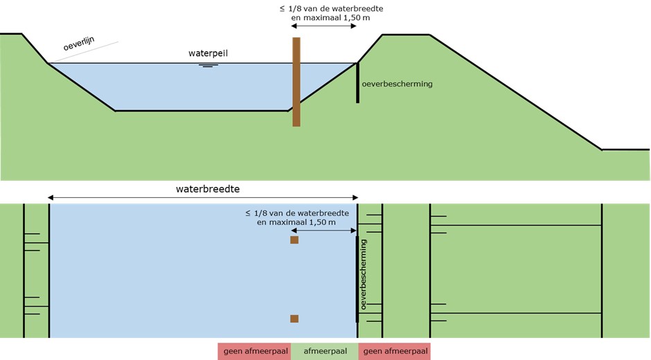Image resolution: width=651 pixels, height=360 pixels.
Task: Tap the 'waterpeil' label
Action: tap(208, 53)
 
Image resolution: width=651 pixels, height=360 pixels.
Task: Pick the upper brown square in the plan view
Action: tap(294, 240)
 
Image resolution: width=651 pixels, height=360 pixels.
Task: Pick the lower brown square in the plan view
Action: tap(294, 318)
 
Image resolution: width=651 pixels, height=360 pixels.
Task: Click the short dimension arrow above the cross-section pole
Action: tap(324, 26)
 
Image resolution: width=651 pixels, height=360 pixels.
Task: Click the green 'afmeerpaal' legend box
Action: tap(325, 352)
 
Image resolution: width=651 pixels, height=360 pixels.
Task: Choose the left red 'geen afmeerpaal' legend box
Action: tap(253, 352)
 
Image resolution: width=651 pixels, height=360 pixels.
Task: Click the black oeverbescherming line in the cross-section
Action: tap(358, 83)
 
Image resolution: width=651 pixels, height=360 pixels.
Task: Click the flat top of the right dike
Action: tap(406, 35)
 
